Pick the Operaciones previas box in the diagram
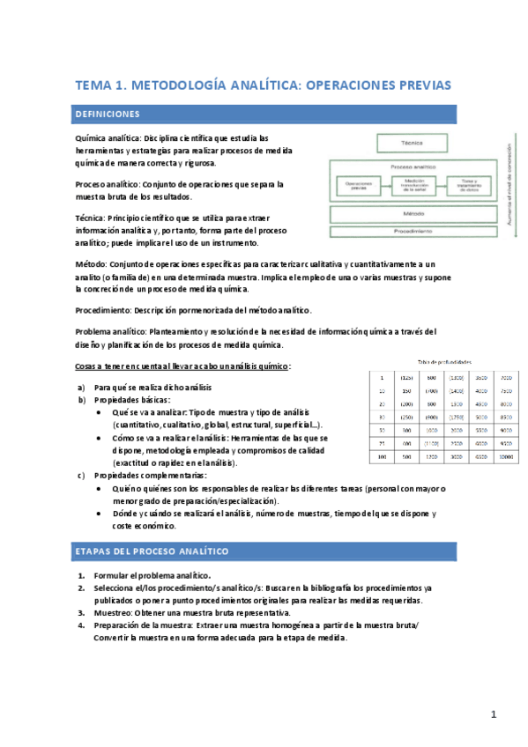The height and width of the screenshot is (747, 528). tap(358, 186)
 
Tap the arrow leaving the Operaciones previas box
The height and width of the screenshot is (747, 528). tap(384, 186)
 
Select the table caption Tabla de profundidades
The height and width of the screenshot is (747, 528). tap(443, 361)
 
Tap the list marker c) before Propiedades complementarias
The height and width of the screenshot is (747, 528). tap(82, 476)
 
